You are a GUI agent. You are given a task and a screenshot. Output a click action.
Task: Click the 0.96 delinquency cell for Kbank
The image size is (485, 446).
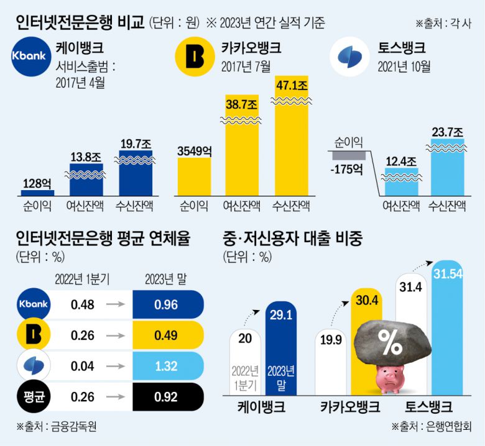click(x=167, y=304)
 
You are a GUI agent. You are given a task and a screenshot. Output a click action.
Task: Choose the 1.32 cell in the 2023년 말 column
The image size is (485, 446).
click(x=167, y=365)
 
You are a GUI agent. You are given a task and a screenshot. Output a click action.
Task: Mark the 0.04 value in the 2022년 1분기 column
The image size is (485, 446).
click(x=82, y=365)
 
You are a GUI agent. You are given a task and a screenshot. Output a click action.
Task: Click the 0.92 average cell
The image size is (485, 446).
click(x=167, y=396)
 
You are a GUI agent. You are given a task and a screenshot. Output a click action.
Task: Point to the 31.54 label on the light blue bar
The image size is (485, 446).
click(x=447, y=274)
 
